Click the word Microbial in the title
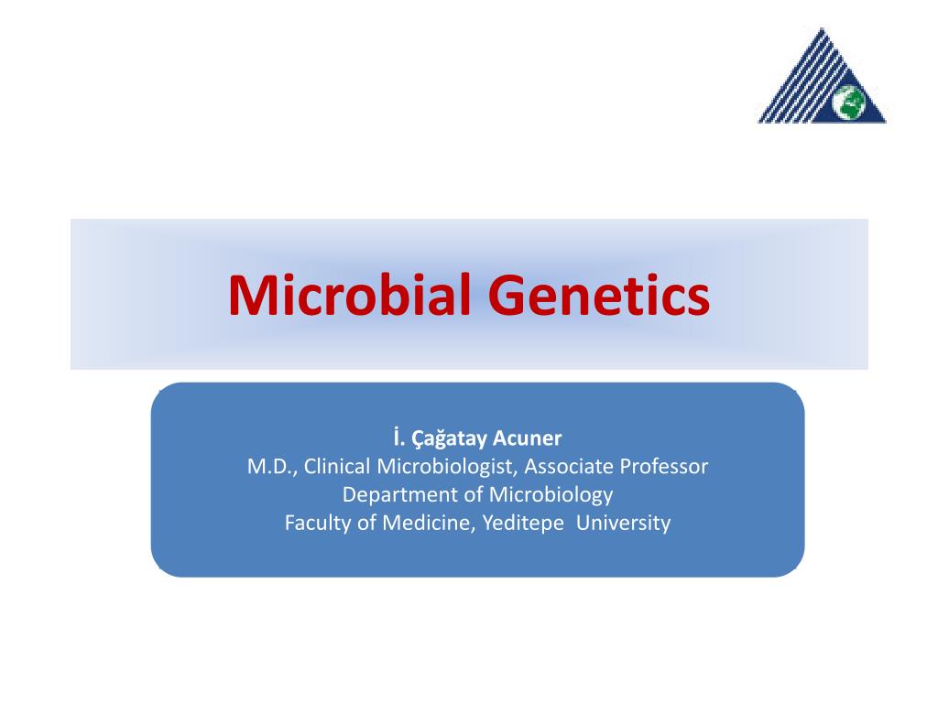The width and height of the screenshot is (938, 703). click(x=351, y=295)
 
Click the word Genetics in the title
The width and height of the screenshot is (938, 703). click(x=599, y=295)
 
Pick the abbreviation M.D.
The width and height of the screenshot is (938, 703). click(x=270, y=467)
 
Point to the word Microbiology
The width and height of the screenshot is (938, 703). click(x=551, y=495)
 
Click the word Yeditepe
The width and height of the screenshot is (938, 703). click(x=522, y=524)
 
